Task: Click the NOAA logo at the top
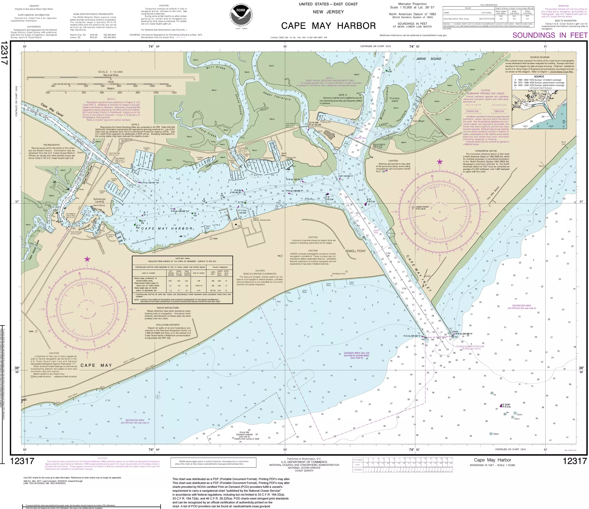241,16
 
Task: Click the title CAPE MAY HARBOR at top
328,26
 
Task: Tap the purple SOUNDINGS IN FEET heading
550,35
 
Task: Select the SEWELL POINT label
355,251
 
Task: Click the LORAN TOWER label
422,207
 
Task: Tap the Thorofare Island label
395,100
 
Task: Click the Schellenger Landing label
100,200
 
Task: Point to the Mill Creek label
216,67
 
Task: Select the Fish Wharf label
418,121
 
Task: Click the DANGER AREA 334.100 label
357,353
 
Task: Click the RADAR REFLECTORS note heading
168,308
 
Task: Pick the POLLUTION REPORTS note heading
168,325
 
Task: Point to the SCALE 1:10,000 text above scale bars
110,72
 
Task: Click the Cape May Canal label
52,110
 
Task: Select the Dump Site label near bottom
244,432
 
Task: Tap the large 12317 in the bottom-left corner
22,461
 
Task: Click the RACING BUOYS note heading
51,145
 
